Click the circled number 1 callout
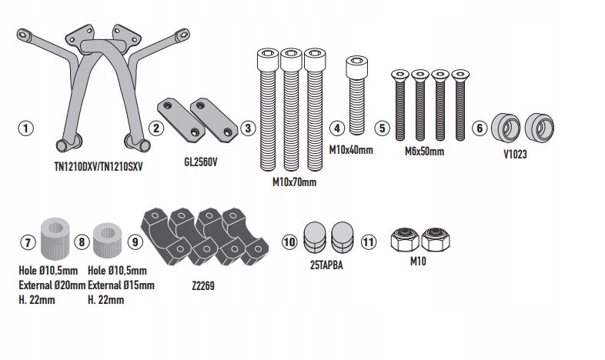[x=27, y=128]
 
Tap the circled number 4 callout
[x=336, y=128]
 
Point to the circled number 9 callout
[x=135, y=242]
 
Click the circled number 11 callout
[x=369, y=242]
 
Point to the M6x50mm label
[x=424, y=152]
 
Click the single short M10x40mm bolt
[x=356, y=95]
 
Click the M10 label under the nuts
[x=419, y=262]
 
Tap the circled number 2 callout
[x=155, y=128]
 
